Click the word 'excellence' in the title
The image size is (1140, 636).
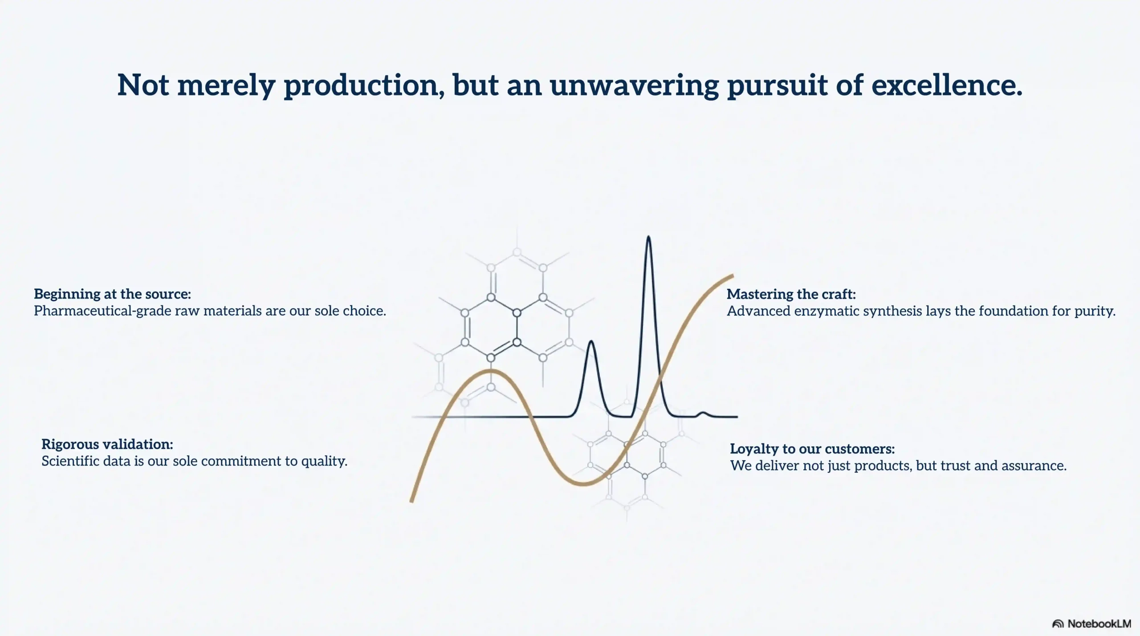[947, 85]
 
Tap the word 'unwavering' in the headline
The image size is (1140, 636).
[634, 85]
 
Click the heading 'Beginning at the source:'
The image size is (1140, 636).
[113, 294]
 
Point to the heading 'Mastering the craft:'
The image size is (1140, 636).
[791, 294]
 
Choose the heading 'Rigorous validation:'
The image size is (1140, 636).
[107, 445]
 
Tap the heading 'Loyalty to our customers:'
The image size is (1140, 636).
[812, 449]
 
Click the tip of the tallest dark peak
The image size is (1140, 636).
[648, 236]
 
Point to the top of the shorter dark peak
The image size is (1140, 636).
[591, 341]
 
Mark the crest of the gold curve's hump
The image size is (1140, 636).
[491, 370]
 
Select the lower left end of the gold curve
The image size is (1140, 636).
[412, 501]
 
